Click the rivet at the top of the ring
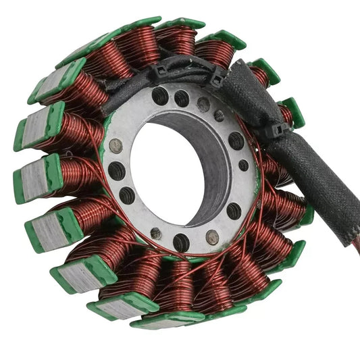click(x=203, y=104)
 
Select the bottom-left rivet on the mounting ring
click(x=155, y=232)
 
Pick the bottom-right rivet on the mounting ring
click(x=213, y=237)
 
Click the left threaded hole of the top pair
click(x=160, y=96)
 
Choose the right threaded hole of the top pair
click(x=181, y=99)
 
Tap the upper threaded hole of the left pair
click(x=117, y=170)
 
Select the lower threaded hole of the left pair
click(x=126, y=195)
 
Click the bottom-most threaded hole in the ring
click(x=181, y=242)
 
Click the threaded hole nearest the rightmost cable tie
click(x=236, y=140)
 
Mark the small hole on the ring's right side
click(x=243, y=165)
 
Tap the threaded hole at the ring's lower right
click(x=234, y=211)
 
